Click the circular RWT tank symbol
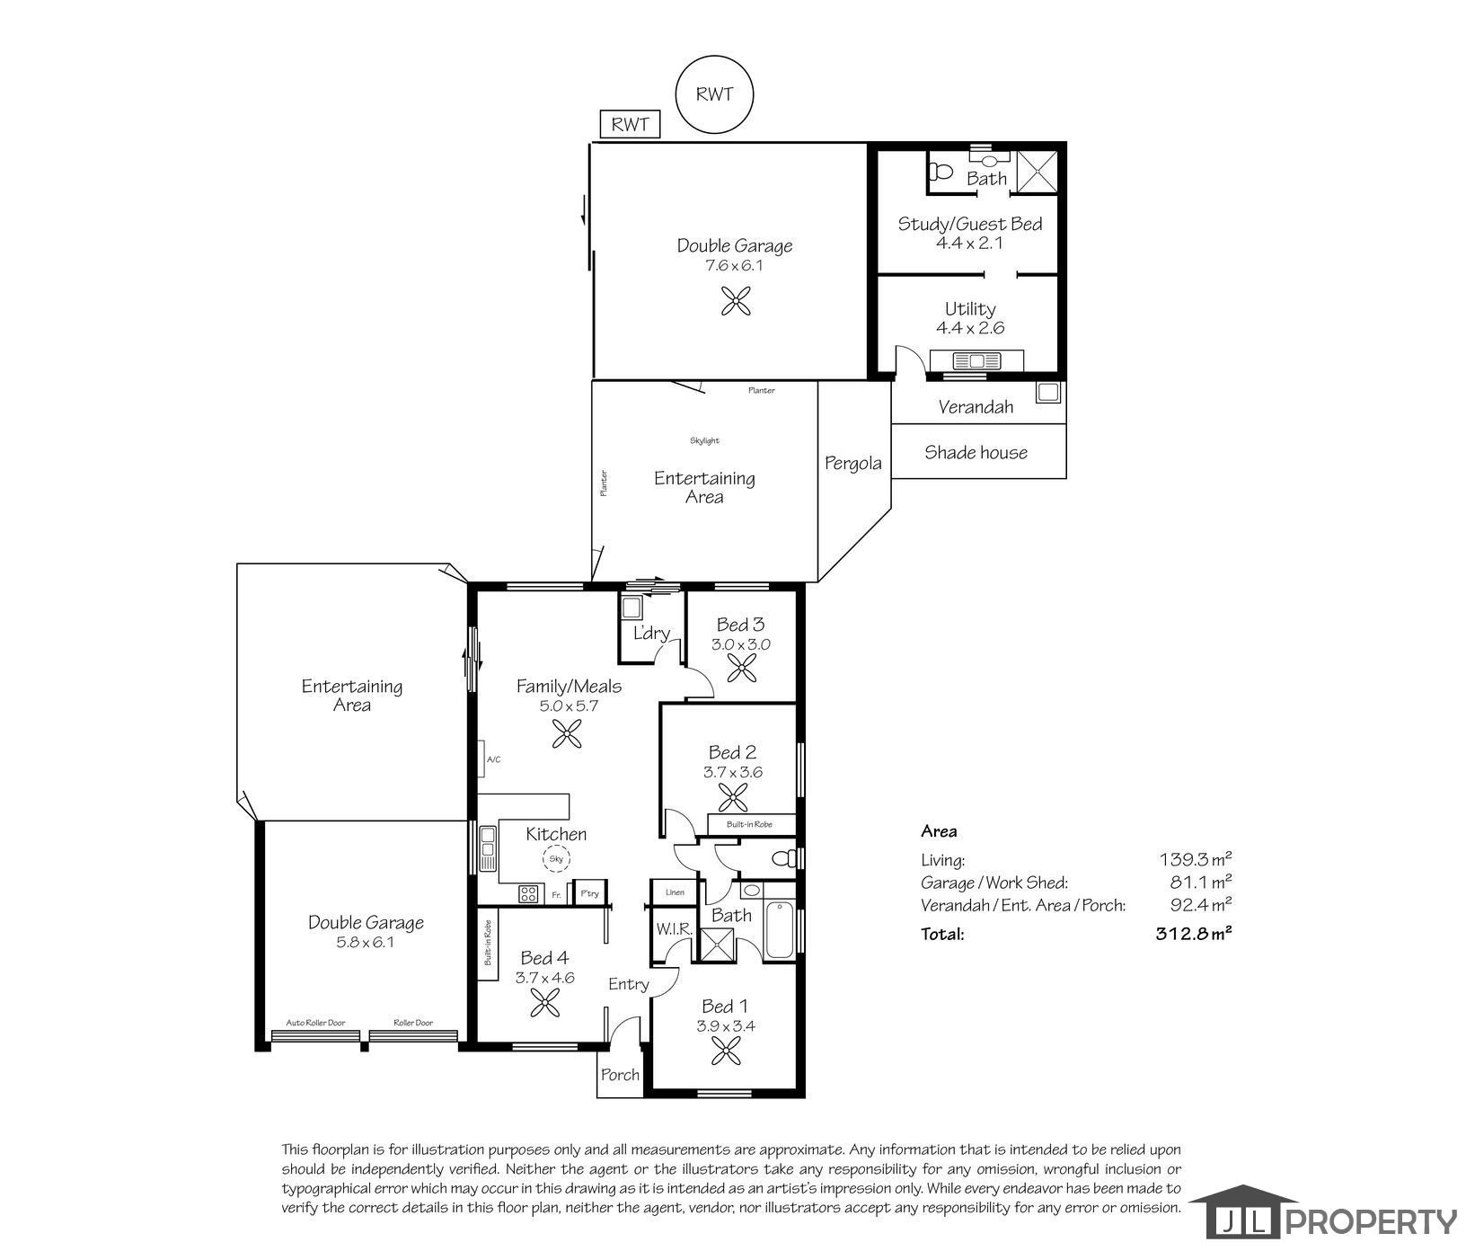[x=714, y=93]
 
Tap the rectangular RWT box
[x=630, y=124]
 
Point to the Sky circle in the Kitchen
[x=555, y=859]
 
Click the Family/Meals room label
[x=569, y=687]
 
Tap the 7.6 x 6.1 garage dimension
[x=735, y=266]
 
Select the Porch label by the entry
[x=620, y=1075]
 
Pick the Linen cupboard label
[x=675, y=892]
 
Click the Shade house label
[x=976, y=452]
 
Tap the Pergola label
[x=853, y=464]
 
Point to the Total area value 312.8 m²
[x=1193, y=934]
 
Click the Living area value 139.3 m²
[x=1196, y=859]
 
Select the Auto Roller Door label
[x=315, y=1023]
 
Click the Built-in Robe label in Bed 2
[x=749, y=824]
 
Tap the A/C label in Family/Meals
[x=493, y=760]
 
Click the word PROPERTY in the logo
[x=1373, y=1221]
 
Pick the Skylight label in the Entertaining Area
[x=705, y=440]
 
